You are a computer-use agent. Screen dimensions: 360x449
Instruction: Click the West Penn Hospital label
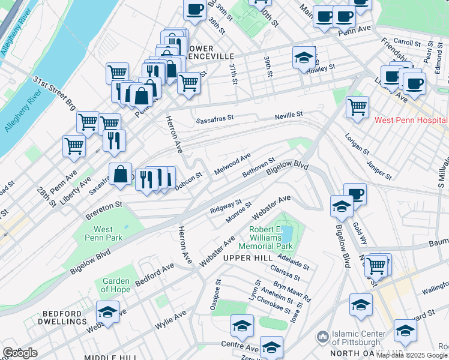coord(411,120)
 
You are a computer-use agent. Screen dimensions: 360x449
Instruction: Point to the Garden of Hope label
coord(116,285)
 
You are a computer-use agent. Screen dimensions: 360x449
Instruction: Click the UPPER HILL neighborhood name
coord(244,257)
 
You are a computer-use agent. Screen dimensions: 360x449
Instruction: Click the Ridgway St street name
coord(226,207)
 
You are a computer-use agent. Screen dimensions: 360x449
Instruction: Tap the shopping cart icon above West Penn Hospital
coord(357,107)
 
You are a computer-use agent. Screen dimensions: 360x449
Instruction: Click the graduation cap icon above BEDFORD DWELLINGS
coord(107,312)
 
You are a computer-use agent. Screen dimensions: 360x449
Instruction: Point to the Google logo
coord(20,352)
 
